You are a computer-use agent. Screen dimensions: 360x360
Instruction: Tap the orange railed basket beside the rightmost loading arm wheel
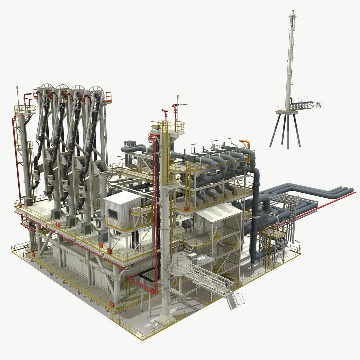107,97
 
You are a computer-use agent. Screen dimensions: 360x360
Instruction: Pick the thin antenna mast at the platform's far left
17,97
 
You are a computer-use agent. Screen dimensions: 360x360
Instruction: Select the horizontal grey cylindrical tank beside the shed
188,223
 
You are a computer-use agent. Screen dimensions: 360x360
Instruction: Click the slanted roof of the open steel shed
218,210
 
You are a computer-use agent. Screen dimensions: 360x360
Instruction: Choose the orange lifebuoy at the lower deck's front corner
111,304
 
